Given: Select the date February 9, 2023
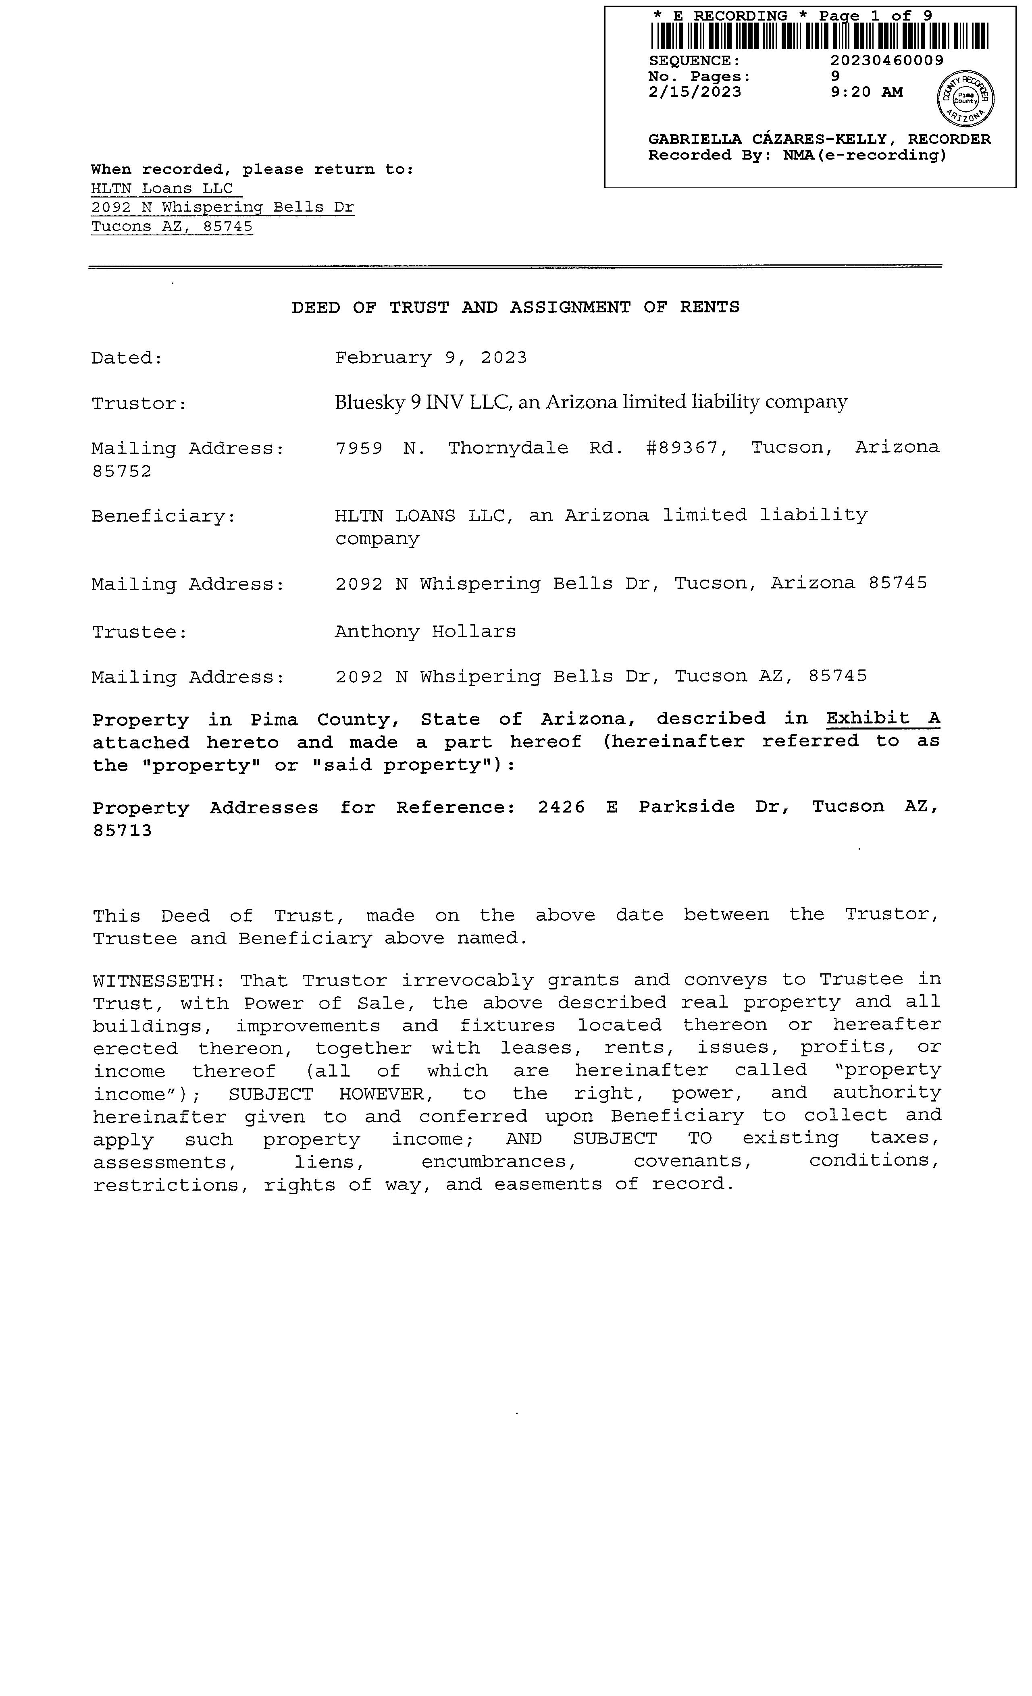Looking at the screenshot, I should click(x=431, y=358).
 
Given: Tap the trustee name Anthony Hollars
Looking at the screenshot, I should click(x=425, y=632).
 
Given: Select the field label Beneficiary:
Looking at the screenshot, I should click(x=164, y=516).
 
